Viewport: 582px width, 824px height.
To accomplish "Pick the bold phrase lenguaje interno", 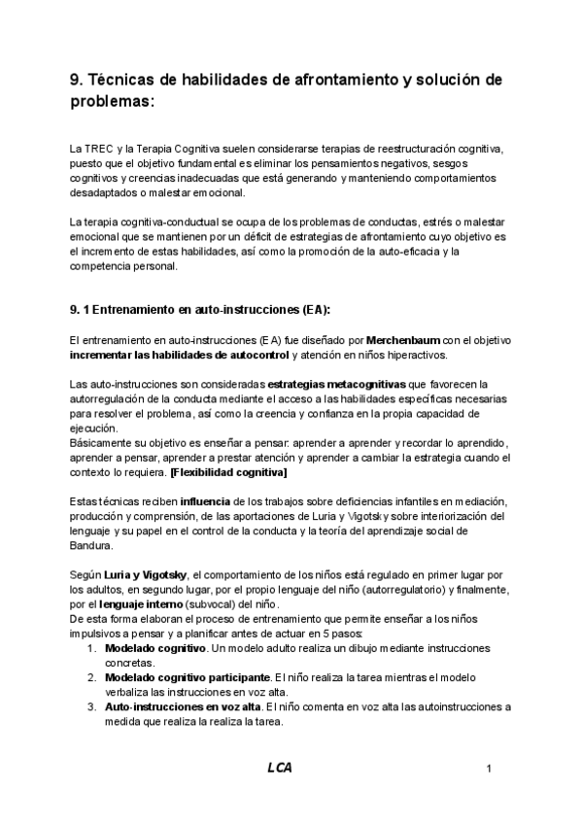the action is [x=141, y=604].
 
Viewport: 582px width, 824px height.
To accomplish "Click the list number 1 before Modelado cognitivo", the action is [x=90, y=647].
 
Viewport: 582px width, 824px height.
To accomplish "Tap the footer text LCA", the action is [x=280, y=768].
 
